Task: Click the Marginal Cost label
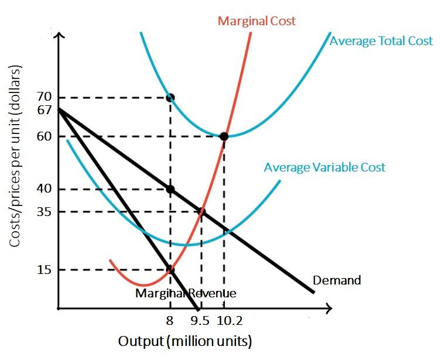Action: (x=257, y=21)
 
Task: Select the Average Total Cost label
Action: (x=381, y=41)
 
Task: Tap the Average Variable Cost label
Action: (x=324, y=167)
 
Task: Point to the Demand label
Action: (x=337, y=280)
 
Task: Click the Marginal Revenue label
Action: (x=186, y=293)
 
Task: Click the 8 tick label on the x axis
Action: (x=170, y=321)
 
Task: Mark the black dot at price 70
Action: (x=170, y=97)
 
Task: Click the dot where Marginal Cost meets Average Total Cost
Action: (x=224, y=136)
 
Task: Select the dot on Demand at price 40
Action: (x=170, y=189)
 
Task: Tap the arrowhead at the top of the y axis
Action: (x=57, y=36)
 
